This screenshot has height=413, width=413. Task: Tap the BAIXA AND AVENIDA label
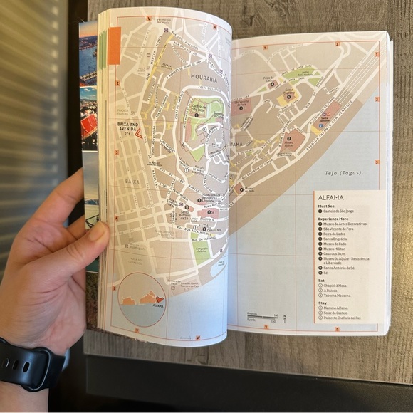pyautogui.click(x=132, y=125)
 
